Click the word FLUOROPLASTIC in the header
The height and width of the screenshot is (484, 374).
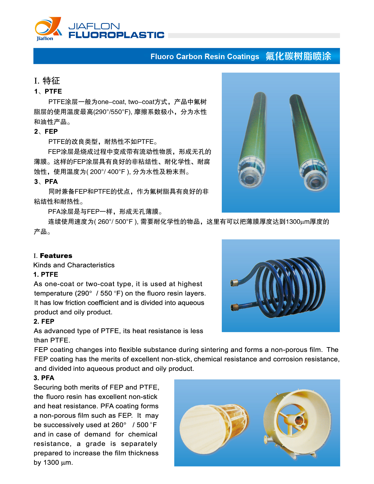[x=116, y=35]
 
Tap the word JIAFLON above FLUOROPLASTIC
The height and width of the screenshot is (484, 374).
[x=94, y=26]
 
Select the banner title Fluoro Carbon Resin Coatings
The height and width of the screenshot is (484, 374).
[x=204, y=57]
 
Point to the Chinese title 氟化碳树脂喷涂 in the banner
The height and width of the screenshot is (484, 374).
[x=298, y=56]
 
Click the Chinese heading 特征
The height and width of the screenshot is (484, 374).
[x=51, y=81]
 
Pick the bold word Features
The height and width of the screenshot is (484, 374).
[x=56, y=256]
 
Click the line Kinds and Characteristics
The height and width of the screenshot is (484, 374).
[x=74, y=265]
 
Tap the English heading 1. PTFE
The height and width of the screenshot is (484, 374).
[x=46, y=274]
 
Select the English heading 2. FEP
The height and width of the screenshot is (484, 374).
[x=44, y=322]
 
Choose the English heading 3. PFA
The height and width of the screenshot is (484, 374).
[x=44, y=378]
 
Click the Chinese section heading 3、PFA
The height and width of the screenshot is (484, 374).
[x=46, y=182]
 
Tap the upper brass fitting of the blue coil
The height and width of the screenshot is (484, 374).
[x=234, y=283]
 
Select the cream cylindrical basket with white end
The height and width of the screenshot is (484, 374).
[x=213, y=429]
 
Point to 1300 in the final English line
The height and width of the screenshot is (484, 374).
[x=51, y=463]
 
